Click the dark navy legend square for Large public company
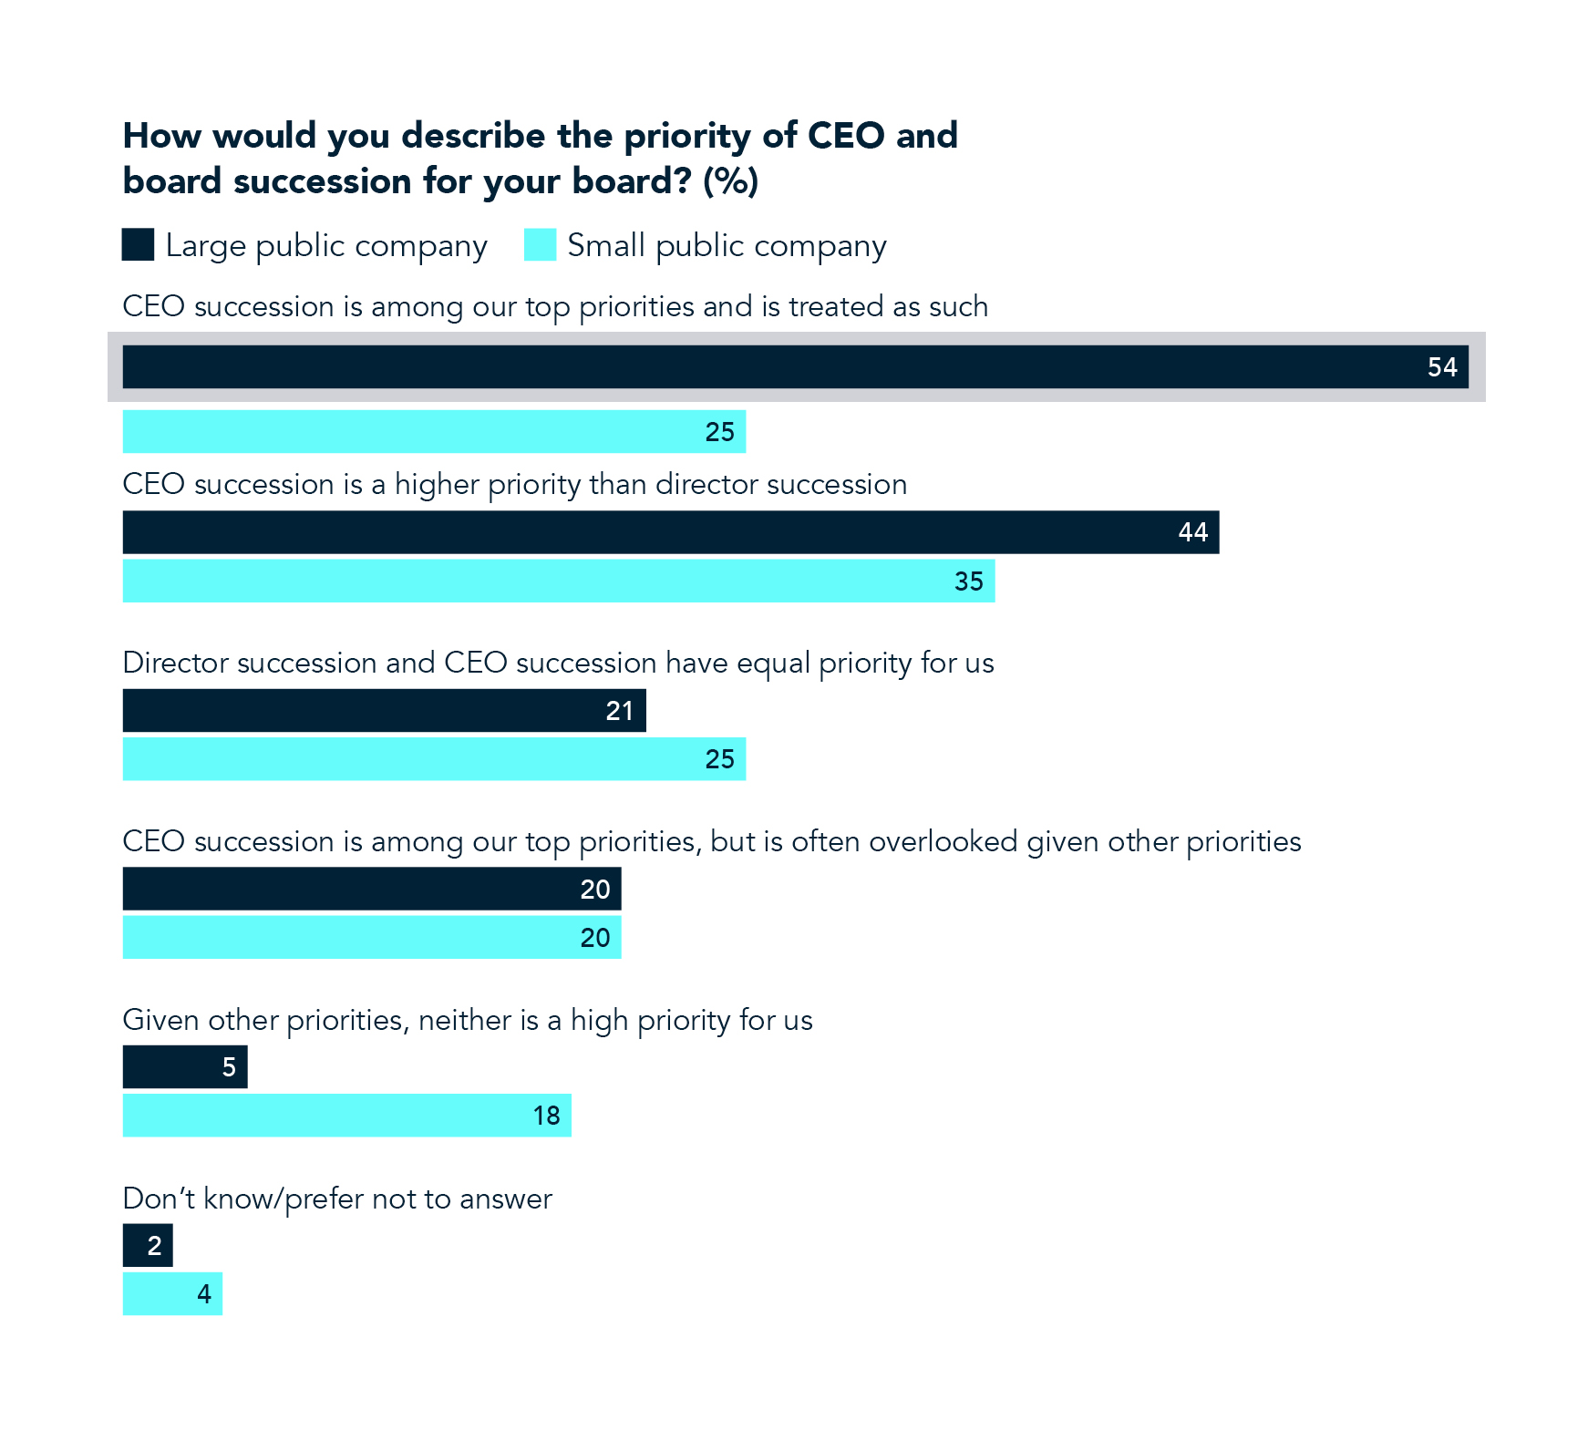click(138, 245)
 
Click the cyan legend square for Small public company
click(540, 245)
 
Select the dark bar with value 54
click(795, 367)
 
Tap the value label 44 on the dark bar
click(1192, 532)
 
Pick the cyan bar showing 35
click(558, 581)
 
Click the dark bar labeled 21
click(384, 711)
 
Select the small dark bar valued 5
click(184, 1067)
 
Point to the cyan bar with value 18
click(346, 1116)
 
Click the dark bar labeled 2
click(148, 1246)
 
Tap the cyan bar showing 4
click(172, 1294)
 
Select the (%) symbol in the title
click(730, 181)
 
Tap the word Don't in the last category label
click(158, 1199)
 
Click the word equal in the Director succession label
click(772, 663)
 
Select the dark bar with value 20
click(371, 890)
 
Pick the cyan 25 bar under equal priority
click(434, 759)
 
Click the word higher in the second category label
click(437, 484)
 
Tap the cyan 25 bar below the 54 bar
click(434, 432)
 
